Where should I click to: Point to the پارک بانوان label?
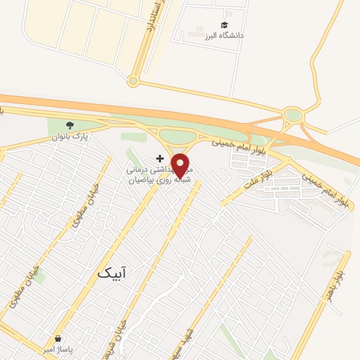(x=70, y=136)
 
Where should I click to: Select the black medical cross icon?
(x=160, y=158)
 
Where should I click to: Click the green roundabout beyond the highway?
(x=292, y=115)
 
